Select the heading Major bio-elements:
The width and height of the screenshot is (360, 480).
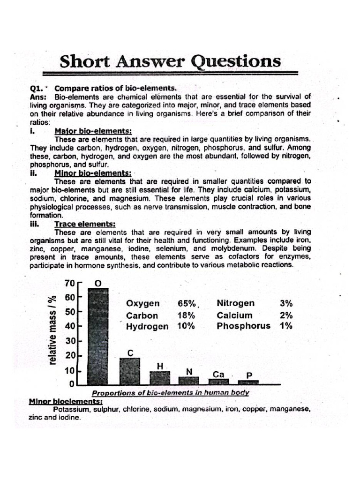pyautogui.click(x=93, y=132)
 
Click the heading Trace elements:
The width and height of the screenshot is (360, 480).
pyautogui.click(x=85, y=224)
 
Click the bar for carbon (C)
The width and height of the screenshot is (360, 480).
pyautogui.click(x=130, y=371)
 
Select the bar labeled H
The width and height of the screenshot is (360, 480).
pyautogui.click(x=159, y=378)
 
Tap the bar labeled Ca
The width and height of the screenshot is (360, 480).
pyautogui.click(x=218, y=382)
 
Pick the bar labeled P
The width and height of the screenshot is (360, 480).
pyautogui.click(x=248, y=382)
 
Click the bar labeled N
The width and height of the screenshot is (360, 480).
pyautogui.click(x=189, y=380)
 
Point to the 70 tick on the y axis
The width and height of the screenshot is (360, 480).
pyautogui.click(x=69, y=283)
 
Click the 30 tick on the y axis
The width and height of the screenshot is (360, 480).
pyautogui.click(x=69, y=341)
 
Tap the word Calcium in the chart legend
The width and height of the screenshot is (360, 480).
pyautogui.click(x=234, y=315)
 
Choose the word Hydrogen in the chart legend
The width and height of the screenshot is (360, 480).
pyautogui.click(x=147, y=327)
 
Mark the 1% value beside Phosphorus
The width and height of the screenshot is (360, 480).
pyautogui.click(x=286, y=326)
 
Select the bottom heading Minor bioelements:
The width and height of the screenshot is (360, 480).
pyautogui.click(x=66, y=401)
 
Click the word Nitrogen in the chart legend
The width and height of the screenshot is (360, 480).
pyautogui.click(x=236, y=303)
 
